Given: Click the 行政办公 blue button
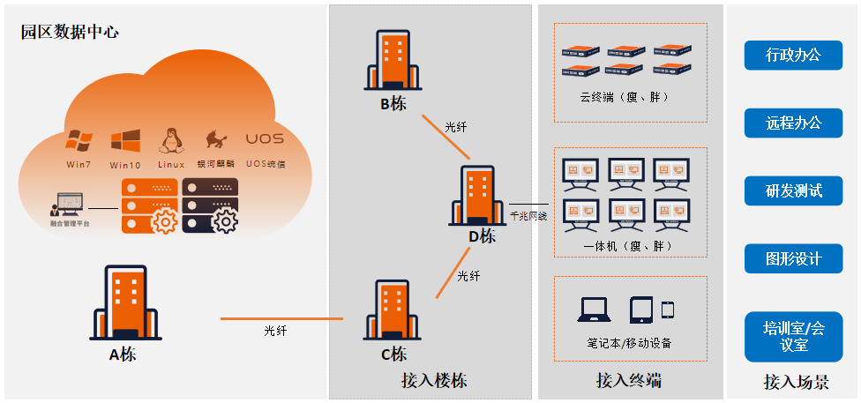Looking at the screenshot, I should coord(793,55).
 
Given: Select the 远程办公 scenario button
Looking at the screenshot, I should coord(793,123).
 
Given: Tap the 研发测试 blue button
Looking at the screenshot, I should coord(793,190).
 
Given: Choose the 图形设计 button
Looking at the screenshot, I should coord(793,258).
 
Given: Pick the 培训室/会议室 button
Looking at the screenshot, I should coord(793,336).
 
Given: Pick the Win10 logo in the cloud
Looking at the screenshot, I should coord(125,141).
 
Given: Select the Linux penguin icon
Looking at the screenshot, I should coord(170,140).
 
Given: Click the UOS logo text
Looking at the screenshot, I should coord(264,139).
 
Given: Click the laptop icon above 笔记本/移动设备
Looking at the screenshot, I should coord(594,310).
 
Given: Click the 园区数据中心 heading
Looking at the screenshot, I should coord(71,33).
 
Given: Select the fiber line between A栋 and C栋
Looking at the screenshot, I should coord(281,317).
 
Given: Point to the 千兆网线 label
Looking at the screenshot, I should coord(528,215).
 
